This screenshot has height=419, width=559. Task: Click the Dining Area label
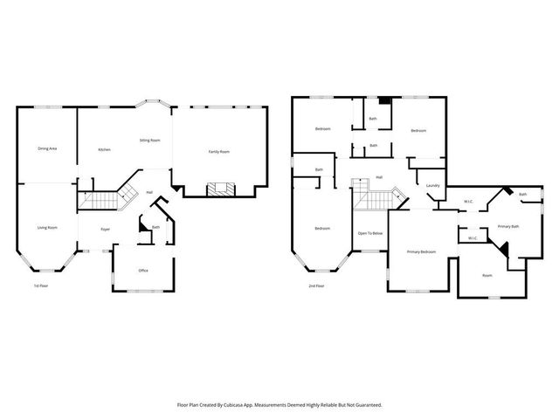47,149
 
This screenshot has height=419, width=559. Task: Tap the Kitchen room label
104,150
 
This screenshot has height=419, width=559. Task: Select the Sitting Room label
149,140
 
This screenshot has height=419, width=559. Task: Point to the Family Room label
218,152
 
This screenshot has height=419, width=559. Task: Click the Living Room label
47,228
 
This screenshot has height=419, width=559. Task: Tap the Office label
143,271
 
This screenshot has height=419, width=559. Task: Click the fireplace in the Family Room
218,188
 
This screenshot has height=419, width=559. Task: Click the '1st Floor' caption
40,285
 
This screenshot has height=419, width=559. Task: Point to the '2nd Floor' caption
316,285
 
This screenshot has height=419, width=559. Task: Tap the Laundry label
431,186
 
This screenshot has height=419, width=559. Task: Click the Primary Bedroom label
421,251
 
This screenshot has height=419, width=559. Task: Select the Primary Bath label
508,226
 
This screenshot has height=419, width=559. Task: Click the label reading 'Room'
487,276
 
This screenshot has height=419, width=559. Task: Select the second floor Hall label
379,177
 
